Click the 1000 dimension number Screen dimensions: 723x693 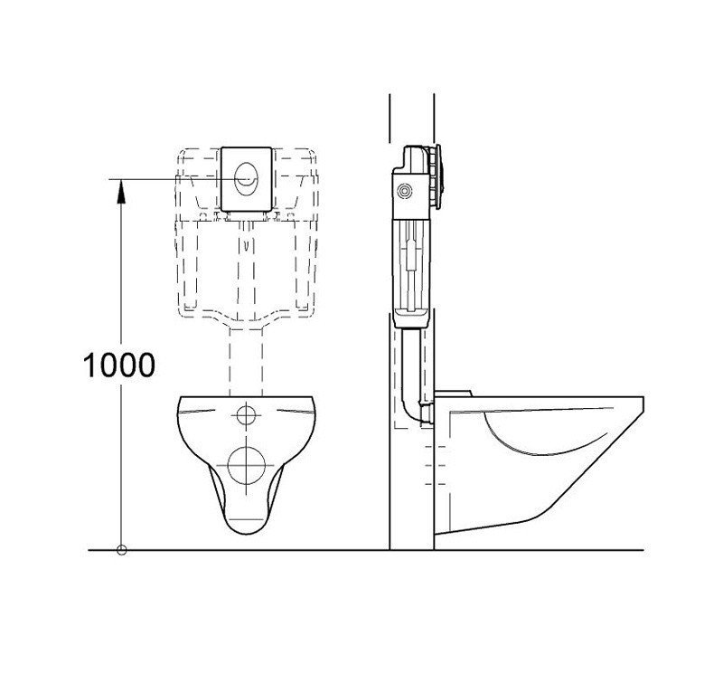[119, 365]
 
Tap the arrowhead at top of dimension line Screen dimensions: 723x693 [121, 191]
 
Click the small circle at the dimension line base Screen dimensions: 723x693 [122, 550]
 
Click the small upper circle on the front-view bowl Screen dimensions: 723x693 [246, 414]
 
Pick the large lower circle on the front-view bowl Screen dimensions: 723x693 [246, 465]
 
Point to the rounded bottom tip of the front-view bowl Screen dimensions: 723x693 [247, 534]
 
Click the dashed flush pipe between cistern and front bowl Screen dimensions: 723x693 [246, 361]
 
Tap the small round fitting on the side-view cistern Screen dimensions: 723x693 [405, 191]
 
